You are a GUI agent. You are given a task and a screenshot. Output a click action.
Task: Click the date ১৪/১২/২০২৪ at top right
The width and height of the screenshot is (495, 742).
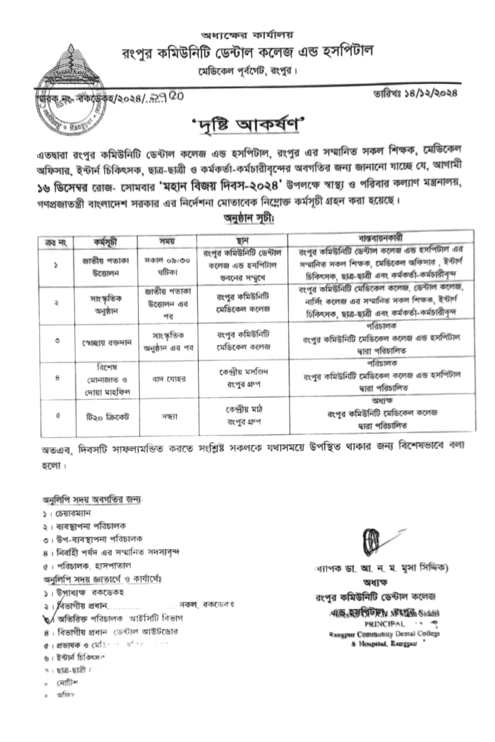click(x=416, y=93)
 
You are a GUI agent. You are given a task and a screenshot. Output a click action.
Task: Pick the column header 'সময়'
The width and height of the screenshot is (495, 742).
click(x=167, y=241)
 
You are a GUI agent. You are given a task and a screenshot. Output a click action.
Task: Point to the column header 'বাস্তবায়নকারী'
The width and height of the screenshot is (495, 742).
click(x=381, y=238)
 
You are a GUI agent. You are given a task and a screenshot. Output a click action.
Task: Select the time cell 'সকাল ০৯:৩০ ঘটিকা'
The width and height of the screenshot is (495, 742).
click(x=167, y=266)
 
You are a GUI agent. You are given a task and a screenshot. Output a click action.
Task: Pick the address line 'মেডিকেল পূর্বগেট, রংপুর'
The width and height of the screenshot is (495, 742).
click(x=247, y=70)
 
